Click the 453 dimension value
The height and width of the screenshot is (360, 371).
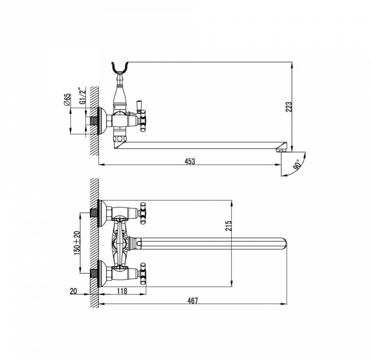(190, 161)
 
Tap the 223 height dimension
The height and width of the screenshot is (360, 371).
(289, 107)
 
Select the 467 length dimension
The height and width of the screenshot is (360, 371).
(192, 301)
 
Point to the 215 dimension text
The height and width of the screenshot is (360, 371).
(228, 226)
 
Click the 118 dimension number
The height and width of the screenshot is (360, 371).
(122, 291)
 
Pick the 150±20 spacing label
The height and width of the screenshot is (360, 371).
(77, 243)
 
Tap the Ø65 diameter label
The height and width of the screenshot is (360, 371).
(67, 100)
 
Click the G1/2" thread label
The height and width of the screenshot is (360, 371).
(82, 95)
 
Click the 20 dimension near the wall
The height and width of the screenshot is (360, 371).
(73, 291)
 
